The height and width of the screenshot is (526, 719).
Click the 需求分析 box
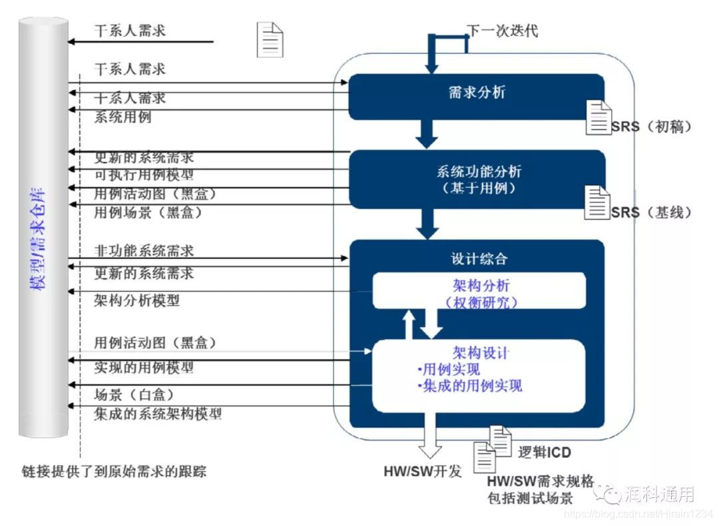pyautogui.click(x=477, y=93)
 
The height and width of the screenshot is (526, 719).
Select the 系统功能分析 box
pyautogui.click(x=477, y=178)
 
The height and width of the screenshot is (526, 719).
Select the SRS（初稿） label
pyautogui.click(x=651, y=127)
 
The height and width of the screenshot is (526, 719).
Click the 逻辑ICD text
pyautogui.click(x=544, y=452)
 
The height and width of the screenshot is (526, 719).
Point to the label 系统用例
pyautogui.click(x=122, y=117)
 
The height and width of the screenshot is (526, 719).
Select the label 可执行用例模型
pyautogui.click(x=144, y=175)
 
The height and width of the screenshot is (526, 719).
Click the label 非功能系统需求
pyautogui.click(x=144, y=251)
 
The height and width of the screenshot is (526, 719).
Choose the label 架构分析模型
pyautogui.click(x=137, y=300)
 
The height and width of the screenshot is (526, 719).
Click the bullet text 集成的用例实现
pyautogui.click(x=472, y=386)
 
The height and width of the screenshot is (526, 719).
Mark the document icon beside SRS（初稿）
pyautogui.click(x=599, y=117)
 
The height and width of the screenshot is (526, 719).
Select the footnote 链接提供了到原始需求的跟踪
pyautogui.click(x=114, y=472)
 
